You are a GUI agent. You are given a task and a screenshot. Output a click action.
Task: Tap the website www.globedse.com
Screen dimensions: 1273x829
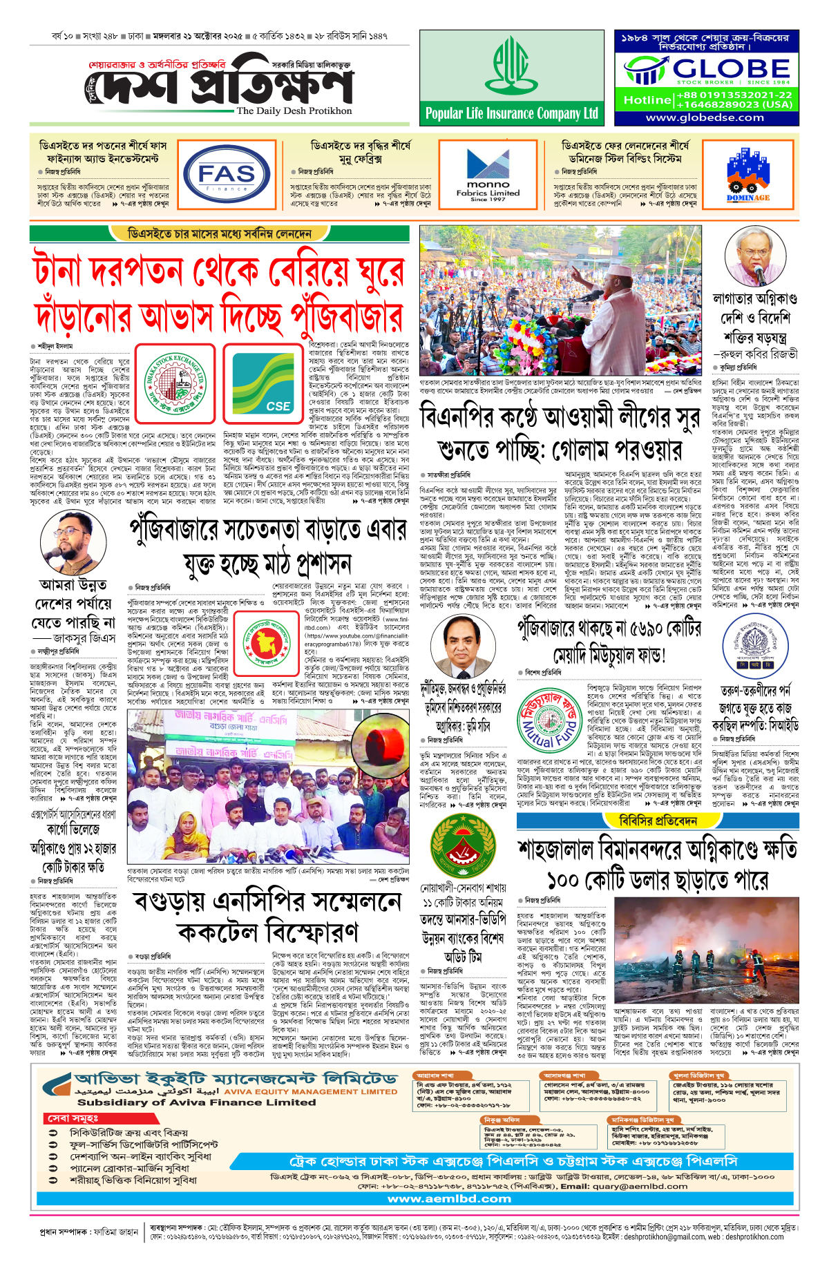[705, 117]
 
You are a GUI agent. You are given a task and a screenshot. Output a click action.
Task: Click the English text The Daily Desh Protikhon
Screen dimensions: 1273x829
[294, 111]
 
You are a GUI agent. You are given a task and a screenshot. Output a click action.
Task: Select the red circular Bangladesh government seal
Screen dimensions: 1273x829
[268, 640]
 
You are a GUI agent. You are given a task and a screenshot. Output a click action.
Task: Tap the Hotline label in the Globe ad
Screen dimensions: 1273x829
[647, 100]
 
